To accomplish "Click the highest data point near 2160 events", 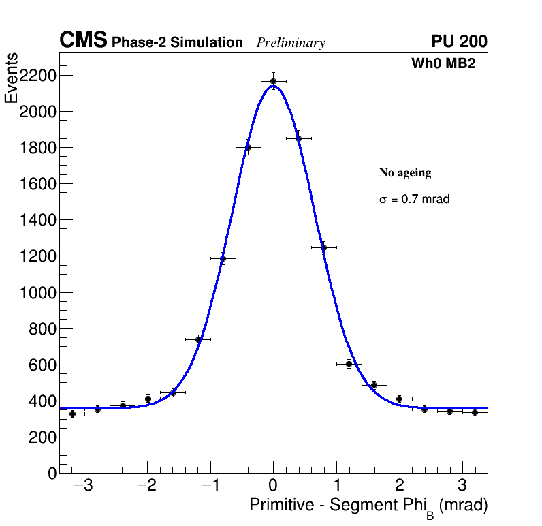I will click(273, 81).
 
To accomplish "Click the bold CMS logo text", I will click(83, 41).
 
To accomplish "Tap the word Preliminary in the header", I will click(291, 43).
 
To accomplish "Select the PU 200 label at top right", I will click(459, 42).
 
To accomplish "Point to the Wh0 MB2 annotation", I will click(443, 63).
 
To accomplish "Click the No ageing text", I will click(405, 173).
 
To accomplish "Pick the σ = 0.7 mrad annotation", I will click(414, 200).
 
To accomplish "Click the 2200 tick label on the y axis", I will click(37, 75).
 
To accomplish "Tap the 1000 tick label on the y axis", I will click(37, 292).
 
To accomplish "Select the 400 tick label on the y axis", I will click(42, 401).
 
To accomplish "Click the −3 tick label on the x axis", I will click(83, 486).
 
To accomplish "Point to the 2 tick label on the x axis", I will click(399, 486).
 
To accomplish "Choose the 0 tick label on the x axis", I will click(273, 486).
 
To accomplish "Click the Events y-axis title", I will click(12, 78).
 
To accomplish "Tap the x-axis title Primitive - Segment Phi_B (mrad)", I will click(368, 506).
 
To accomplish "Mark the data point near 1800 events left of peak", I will click(248, 147).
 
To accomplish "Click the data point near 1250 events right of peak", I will click(323, 247).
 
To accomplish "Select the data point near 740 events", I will click(198, 339).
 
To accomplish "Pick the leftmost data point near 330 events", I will click(72, 414).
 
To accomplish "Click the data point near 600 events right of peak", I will click(349, 364).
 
